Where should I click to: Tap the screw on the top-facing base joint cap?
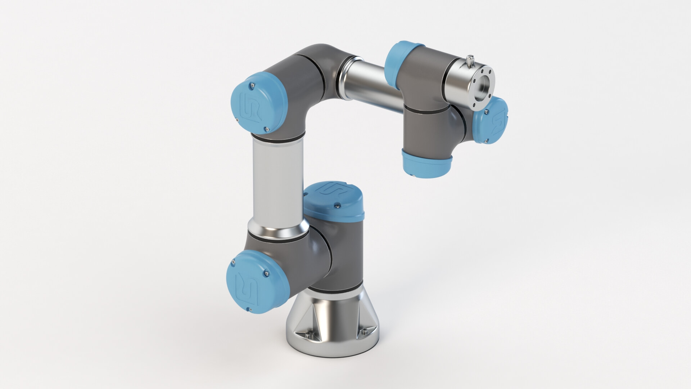(338, 205)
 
